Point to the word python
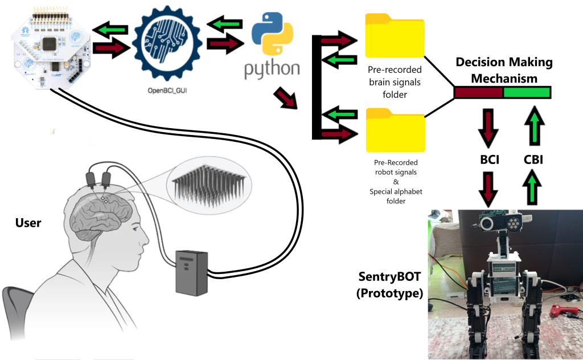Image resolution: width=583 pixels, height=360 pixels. (272, 68)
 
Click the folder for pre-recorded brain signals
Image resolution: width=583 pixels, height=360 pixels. (395, 35)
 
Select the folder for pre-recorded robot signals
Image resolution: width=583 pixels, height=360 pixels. (395, 128)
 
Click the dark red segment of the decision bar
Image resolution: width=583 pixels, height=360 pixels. (478, 92)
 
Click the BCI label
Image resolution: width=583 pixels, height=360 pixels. (490, 160)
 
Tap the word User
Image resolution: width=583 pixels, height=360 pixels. (28, 223)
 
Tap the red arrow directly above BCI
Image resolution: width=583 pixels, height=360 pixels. (490, 125)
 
